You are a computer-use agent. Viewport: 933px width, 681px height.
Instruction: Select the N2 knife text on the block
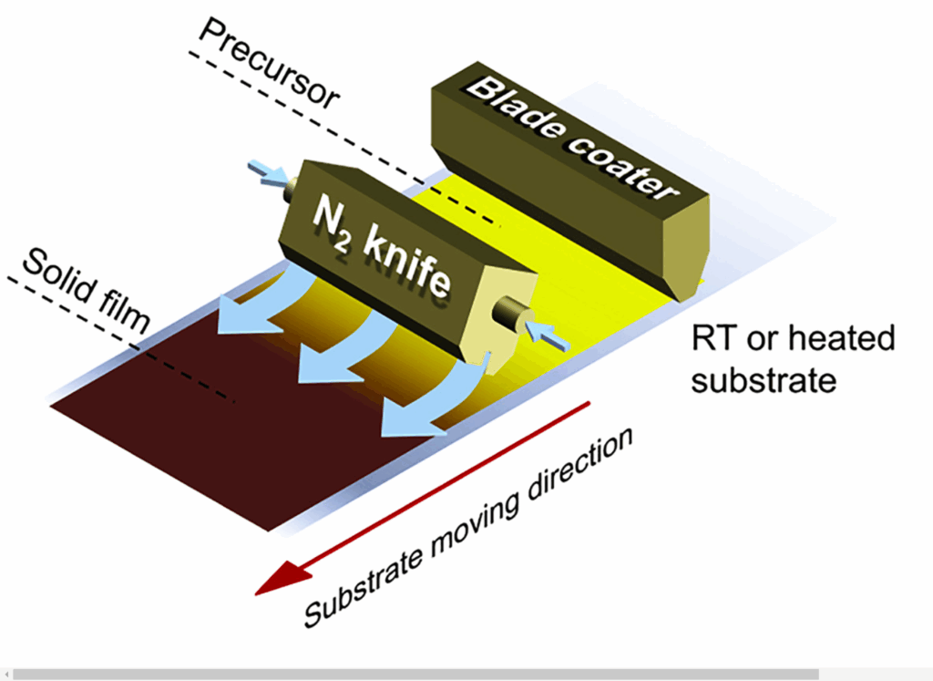[382, 251]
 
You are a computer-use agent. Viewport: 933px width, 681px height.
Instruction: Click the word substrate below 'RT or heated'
[763, 378]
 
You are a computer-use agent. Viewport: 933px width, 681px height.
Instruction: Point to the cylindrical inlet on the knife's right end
[508, 317]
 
